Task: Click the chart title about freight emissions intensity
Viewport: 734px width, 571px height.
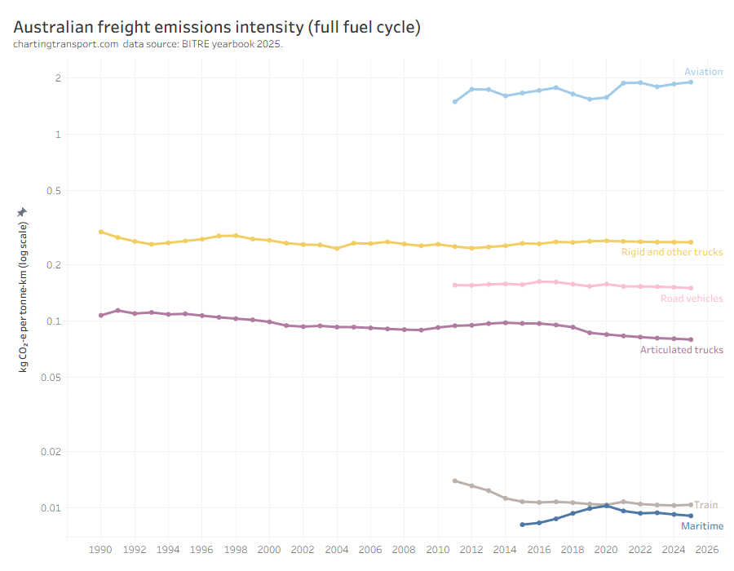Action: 217,27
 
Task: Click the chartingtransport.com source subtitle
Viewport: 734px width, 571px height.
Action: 148,44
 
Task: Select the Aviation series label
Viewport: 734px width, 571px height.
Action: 703,72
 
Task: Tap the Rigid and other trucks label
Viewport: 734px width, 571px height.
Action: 672,252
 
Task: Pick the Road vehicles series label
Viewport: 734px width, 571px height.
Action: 692,299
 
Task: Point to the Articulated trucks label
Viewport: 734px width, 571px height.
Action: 681,350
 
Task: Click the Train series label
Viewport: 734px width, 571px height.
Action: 705,505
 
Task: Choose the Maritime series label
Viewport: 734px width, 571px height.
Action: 702,526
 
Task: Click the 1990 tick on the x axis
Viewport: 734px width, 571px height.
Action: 100,550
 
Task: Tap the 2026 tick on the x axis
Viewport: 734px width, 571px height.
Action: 707,550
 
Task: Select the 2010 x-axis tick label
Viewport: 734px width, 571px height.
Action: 438,550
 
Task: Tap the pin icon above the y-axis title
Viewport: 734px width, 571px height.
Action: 22,211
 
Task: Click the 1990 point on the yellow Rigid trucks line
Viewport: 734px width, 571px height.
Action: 101,232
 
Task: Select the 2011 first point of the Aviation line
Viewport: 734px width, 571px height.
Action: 455,102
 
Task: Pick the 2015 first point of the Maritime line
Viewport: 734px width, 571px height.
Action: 522,525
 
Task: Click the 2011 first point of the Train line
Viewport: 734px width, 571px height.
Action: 455,480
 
